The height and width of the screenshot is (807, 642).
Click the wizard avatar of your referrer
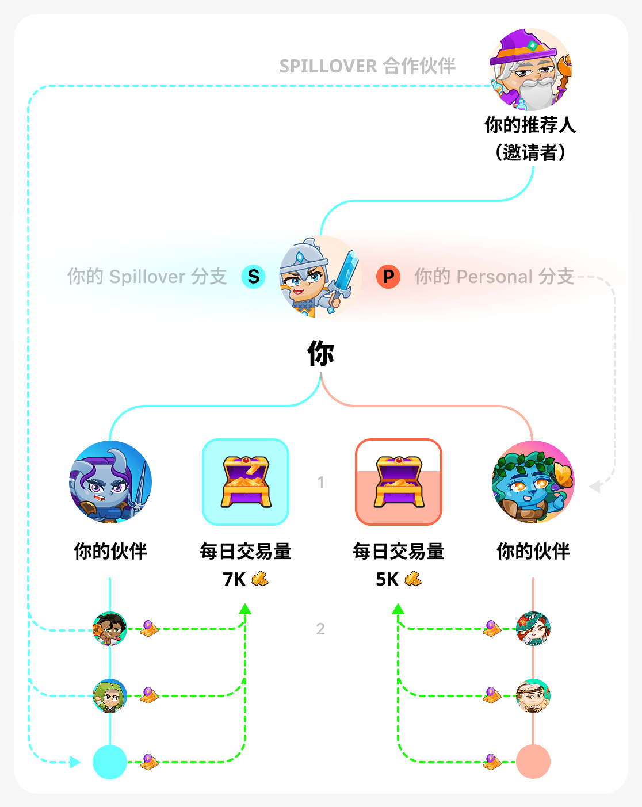pos(530,70)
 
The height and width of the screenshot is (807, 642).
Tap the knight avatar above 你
pos(320,277)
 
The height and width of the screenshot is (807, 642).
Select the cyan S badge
pos(253,277)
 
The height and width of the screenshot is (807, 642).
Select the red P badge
pos(388,277)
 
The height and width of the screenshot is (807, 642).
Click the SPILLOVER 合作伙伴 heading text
pos(367,66)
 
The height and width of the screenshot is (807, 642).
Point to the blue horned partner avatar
pos(110,482)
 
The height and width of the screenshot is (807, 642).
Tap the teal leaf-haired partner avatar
pos(533,482)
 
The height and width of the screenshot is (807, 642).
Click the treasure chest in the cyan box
pos(246,482)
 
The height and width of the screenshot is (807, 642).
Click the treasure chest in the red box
pos(399,482)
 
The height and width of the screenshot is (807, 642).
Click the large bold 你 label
pos(320,353)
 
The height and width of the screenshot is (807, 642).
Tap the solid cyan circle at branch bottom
pos(110,762)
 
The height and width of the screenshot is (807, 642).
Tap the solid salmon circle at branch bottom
pos(533,762)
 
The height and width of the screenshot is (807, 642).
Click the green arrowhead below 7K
pos(245,609)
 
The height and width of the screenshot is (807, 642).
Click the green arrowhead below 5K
pos(398,609)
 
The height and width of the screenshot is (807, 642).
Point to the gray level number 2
pos(320,629)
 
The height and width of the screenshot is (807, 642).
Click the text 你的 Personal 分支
pos(494,277)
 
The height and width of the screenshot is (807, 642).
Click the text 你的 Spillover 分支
pos(147,277)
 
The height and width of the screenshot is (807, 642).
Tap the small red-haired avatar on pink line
pos(533,629)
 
